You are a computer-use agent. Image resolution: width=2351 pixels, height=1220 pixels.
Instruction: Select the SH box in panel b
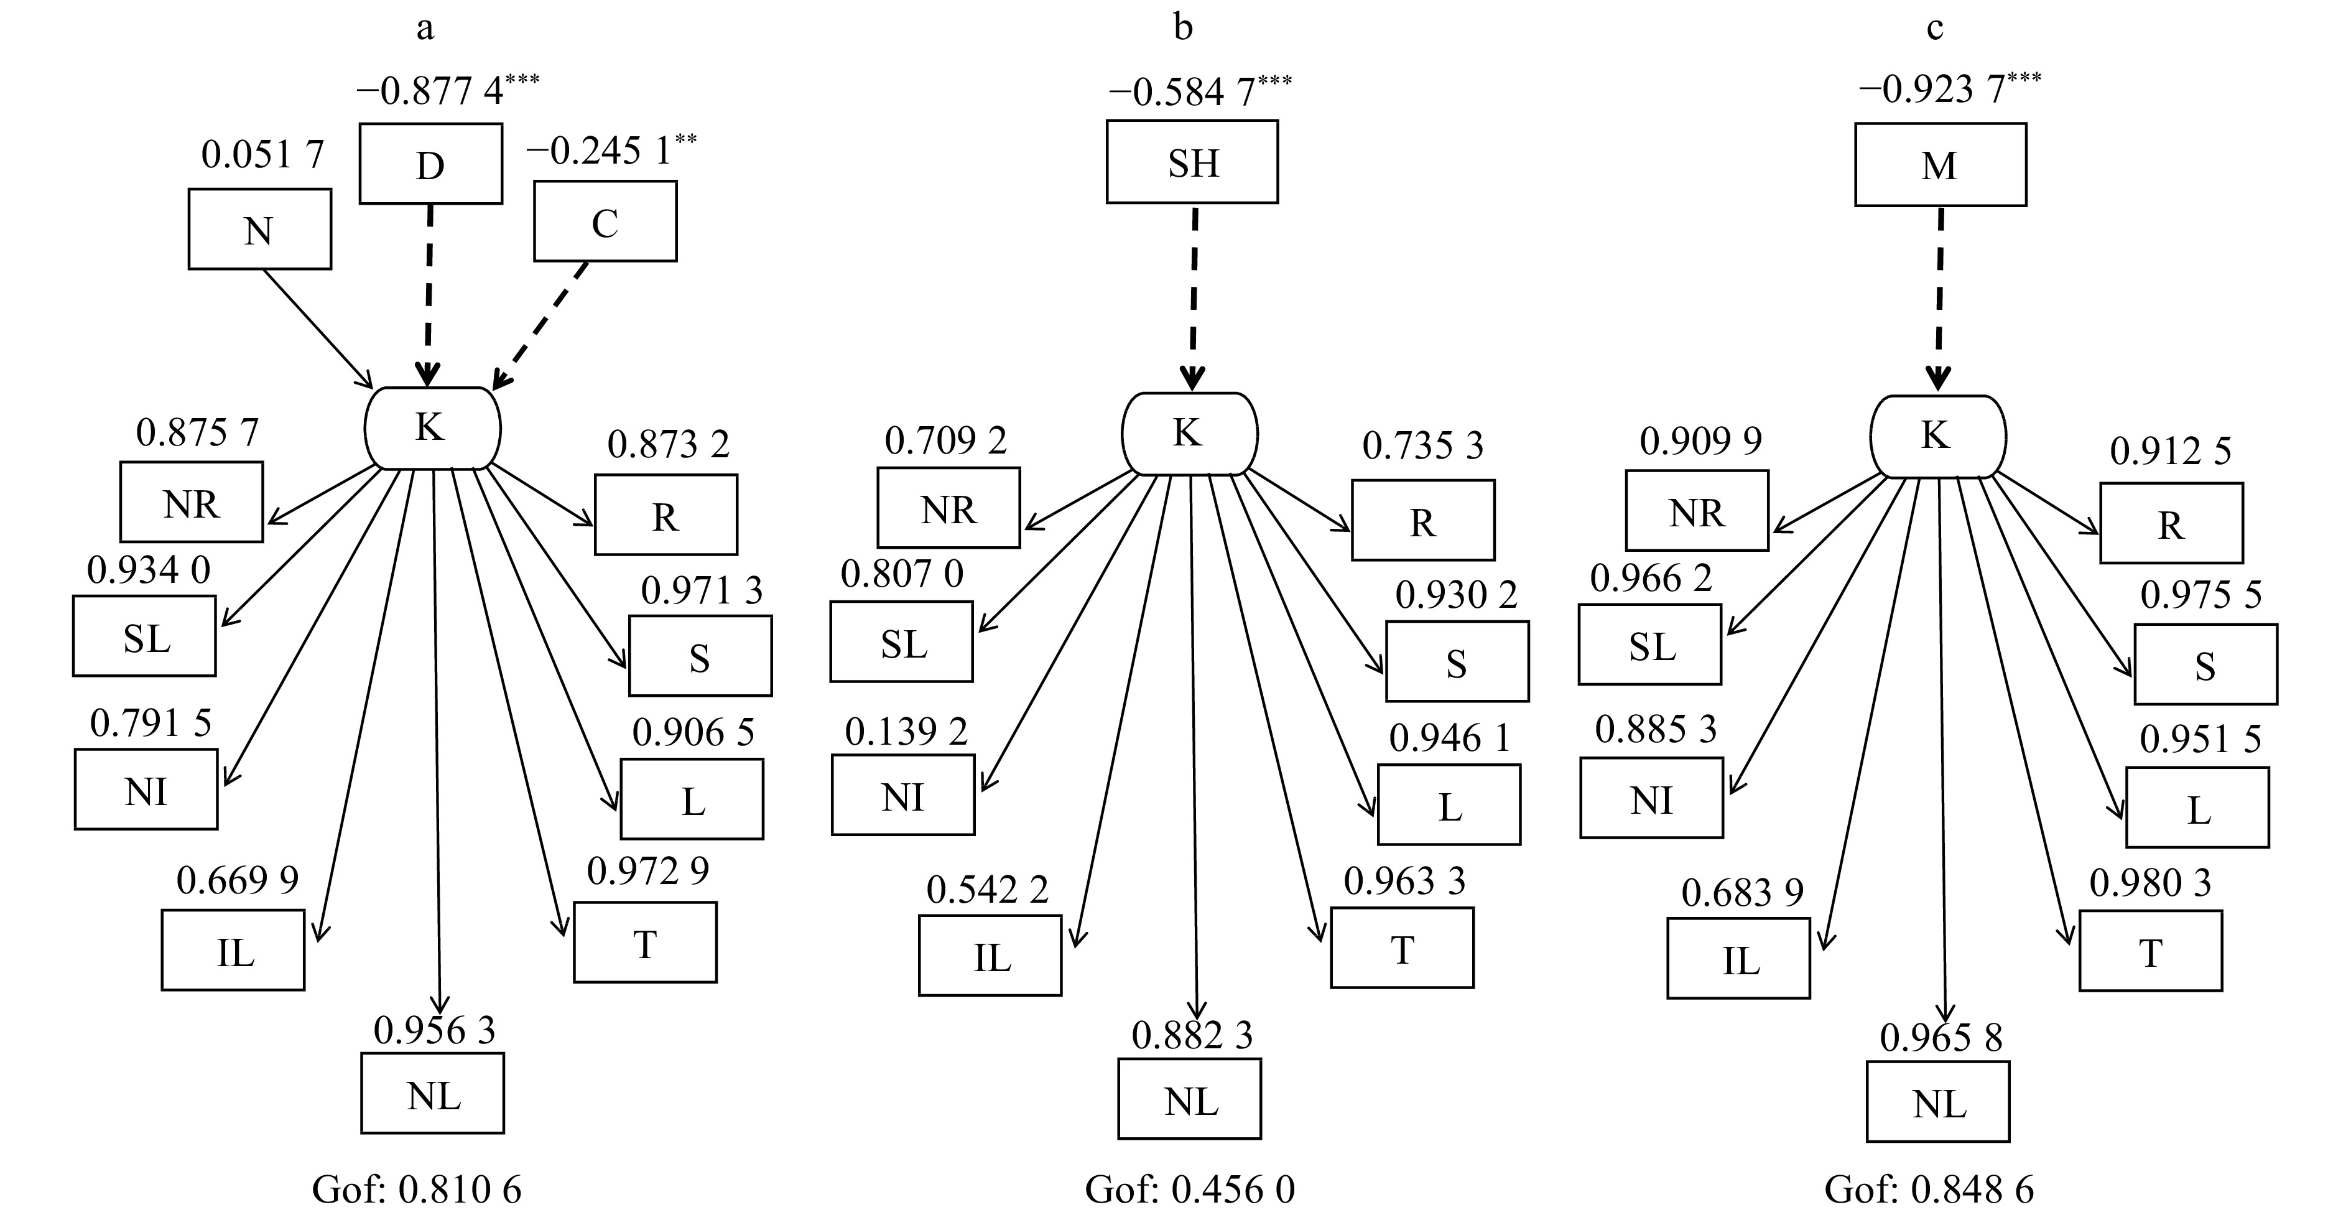pos(1192,162)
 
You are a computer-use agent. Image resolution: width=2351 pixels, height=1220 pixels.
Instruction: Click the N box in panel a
pos(259,229)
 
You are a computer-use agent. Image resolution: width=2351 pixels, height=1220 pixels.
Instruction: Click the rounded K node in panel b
pos(1189,433)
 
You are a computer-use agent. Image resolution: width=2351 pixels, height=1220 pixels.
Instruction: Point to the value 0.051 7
pos(262,156)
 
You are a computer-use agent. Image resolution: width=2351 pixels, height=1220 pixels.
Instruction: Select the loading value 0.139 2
pos(906,732)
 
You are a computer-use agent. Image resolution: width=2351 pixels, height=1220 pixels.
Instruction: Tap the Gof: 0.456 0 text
pos(1189,1190)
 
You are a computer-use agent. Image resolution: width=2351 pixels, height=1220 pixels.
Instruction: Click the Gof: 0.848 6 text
pos(1929,1190)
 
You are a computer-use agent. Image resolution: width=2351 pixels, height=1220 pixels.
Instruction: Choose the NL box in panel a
pos(433,1093)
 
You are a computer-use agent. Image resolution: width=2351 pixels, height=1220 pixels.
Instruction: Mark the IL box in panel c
pos(1738,958)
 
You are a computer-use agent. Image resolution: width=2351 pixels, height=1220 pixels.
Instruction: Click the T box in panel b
pos(1402,948)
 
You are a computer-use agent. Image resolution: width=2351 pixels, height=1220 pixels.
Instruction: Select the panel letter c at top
pos(1934,29)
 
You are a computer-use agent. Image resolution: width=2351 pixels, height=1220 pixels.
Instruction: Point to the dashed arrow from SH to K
pos(1194,292)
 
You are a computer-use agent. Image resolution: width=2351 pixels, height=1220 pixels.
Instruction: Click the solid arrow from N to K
pos(318,328)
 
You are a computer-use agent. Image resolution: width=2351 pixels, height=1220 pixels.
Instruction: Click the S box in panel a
pos(699,656)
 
